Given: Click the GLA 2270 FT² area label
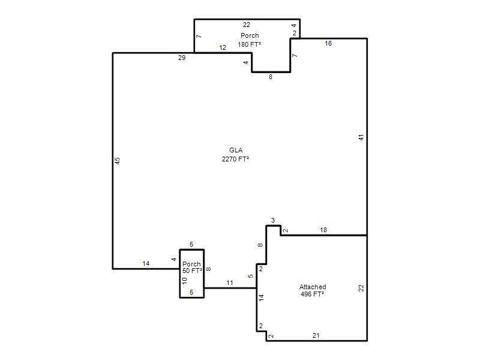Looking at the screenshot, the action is [235, 155].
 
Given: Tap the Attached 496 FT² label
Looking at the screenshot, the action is [313, 290].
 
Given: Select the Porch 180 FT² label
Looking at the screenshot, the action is [250, 40].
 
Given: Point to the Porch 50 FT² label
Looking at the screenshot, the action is [192, 267].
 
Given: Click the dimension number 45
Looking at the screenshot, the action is [117, 161].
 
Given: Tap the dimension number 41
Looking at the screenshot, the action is [361, 137].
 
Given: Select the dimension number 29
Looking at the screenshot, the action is [182, 58].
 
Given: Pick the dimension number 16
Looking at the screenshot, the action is [328, 43].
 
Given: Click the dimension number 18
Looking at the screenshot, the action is [323, 230].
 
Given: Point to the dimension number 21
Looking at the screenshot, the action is [316, 335].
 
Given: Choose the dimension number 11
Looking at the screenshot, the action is [230, 283].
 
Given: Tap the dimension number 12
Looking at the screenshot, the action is [223, 48].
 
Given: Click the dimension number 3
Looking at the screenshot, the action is [273, 220].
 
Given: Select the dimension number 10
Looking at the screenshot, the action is [184, 281].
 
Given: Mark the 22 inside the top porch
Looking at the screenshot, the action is [247, 25].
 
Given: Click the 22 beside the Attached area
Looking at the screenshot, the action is [361, 288].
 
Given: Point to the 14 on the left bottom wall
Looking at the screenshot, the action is [146, 263].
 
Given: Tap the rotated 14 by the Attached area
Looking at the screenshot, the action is [261, 298].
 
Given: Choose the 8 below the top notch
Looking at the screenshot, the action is [271, 77].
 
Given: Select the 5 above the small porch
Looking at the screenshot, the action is [191, 244].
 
